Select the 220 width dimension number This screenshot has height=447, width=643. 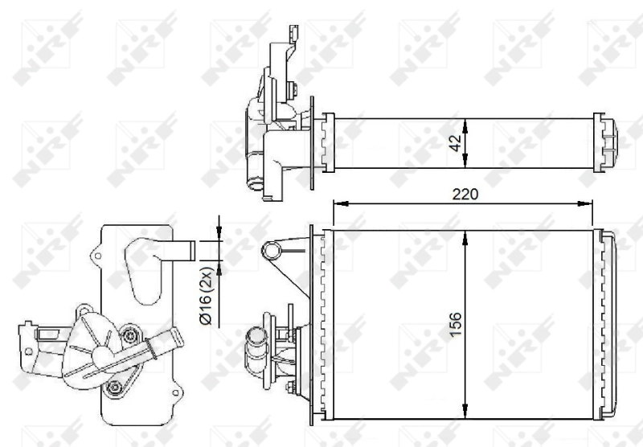[465, 194]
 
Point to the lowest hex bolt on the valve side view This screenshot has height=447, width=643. [117, 390]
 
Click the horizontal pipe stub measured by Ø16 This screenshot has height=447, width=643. [180, 250]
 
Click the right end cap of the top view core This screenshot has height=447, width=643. [607, 143]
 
